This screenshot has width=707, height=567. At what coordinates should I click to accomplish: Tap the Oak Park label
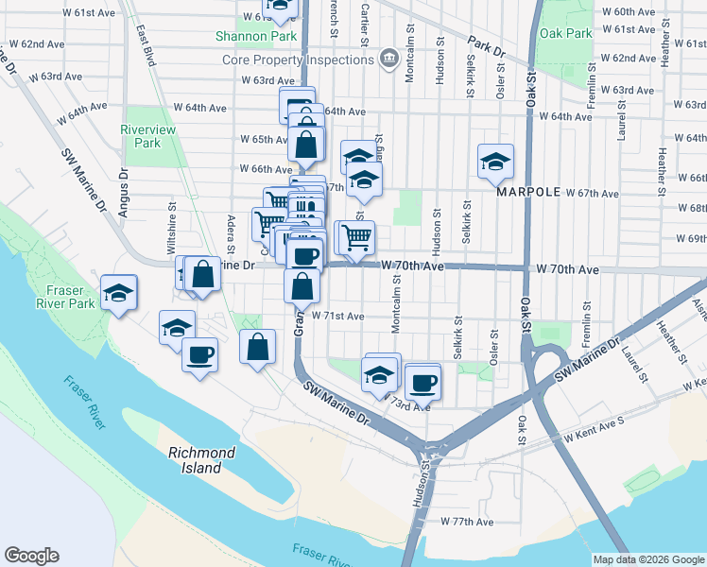click(565, 33)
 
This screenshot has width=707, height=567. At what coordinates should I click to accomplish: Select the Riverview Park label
click(141, 136)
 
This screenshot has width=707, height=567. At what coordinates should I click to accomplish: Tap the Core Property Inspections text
click(299, 60)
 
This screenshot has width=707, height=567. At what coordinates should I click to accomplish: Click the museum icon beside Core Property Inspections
click(388, 60)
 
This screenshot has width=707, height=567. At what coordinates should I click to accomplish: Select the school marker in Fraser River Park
click(118, 293)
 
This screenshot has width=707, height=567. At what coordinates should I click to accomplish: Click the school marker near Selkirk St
click(495, 163)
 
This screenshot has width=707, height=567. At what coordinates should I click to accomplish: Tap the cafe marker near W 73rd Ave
click(422, 382)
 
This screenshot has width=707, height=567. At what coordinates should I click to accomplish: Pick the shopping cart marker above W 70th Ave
click(356, 237)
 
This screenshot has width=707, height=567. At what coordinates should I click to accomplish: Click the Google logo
click(31, 556)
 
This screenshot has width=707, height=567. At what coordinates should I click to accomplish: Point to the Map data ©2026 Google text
click(648, 558)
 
